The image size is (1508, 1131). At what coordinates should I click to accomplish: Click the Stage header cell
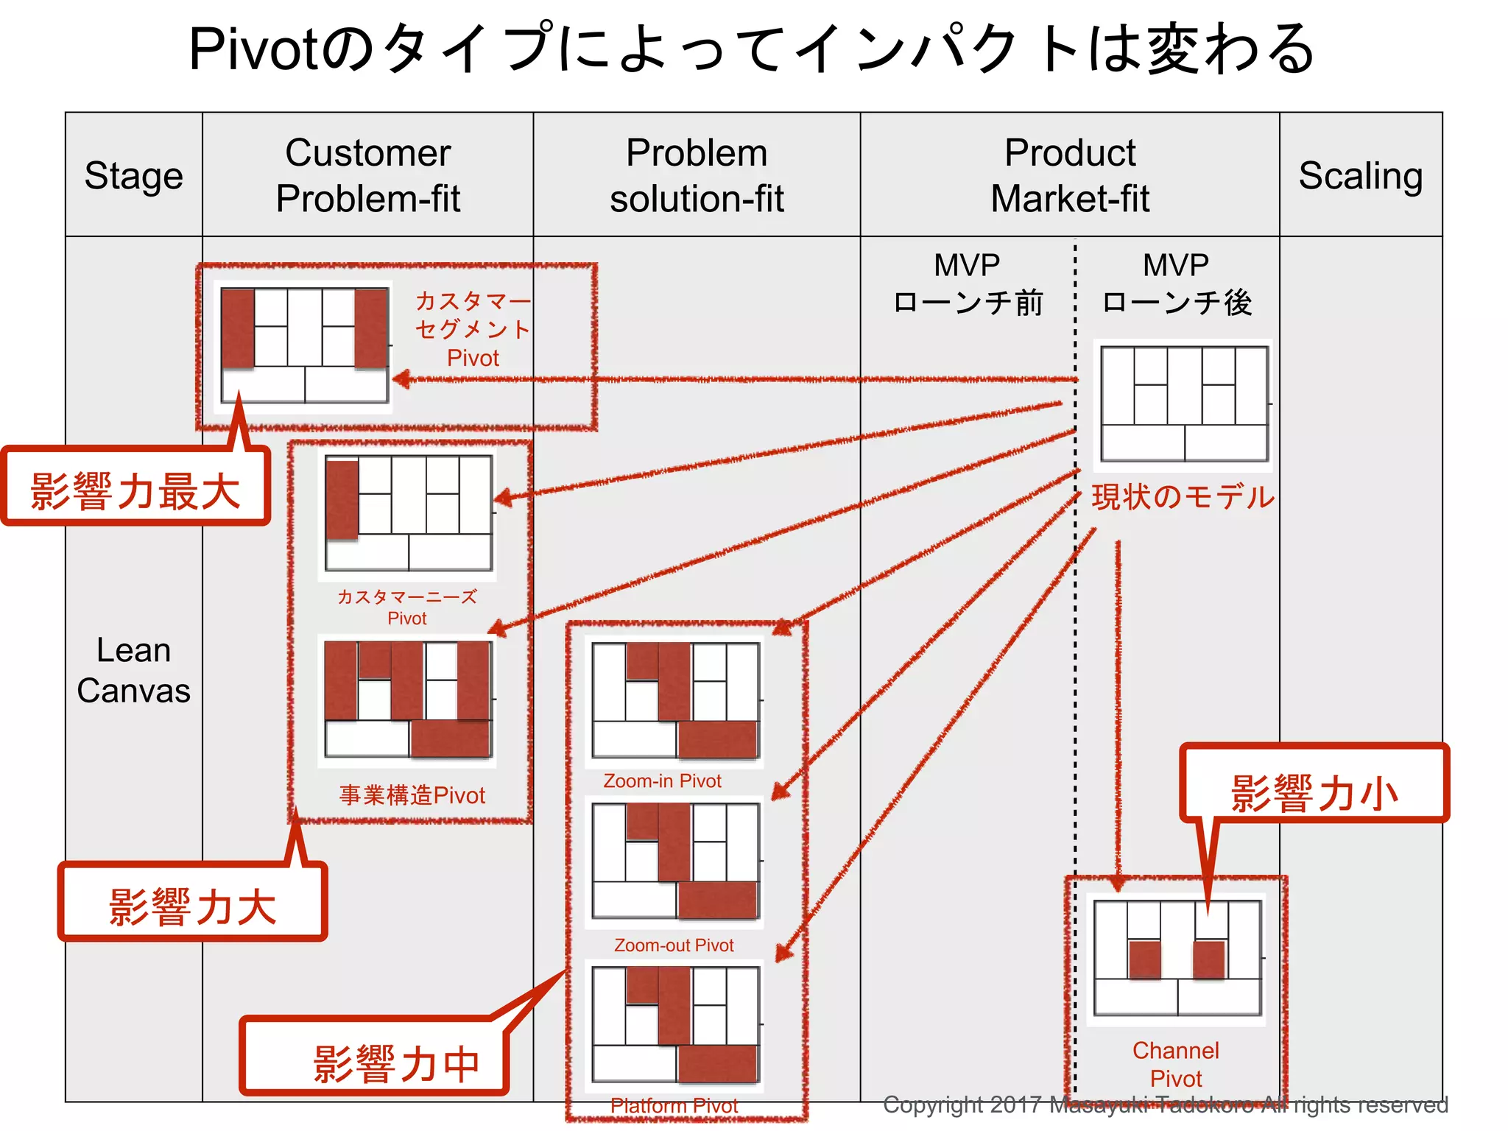(x=133, y=175)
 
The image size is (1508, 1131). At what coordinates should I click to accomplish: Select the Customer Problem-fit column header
(x=367, y=175)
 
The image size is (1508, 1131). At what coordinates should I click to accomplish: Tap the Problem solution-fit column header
(x=697, y=175)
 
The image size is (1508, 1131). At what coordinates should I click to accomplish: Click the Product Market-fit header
(x=1069, y=175)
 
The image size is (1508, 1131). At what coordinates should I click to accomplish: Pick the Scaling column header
(x=1360, y=175)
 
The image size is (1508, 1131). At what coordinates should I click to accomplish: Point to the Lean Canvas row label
(x=133, y=670)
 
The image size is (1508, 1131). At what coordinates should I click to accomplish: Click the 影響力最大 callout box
(x=135, y=490)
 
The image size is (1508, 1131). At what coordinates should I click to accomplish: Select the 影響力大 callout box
(x=192, y=904)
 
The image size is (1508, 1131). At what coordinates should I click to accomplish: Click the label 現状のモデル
(x=1183, y=497)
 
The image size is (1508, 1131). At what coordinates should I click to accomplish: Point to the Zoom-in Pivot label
(x=662, y=781)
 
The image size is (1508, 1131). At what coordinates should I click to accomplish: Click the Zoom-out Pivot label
(x=674, y=945)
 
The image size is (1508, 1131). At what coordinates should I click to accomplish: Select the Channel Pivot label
(x=1175, y=1064)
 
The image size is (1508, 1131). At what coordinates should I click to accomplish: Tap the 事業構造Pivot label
(x=412, y=795)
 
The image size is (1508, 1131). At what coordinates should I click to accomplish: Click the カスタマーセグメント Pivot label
(x=473, y=329)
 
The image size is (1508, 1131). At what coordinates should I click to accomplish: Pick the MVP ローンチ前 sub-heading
(x=968, y=284)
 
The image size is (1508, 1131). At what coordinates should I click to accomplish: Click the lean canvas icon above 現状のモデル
(x=1183, y=404)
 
